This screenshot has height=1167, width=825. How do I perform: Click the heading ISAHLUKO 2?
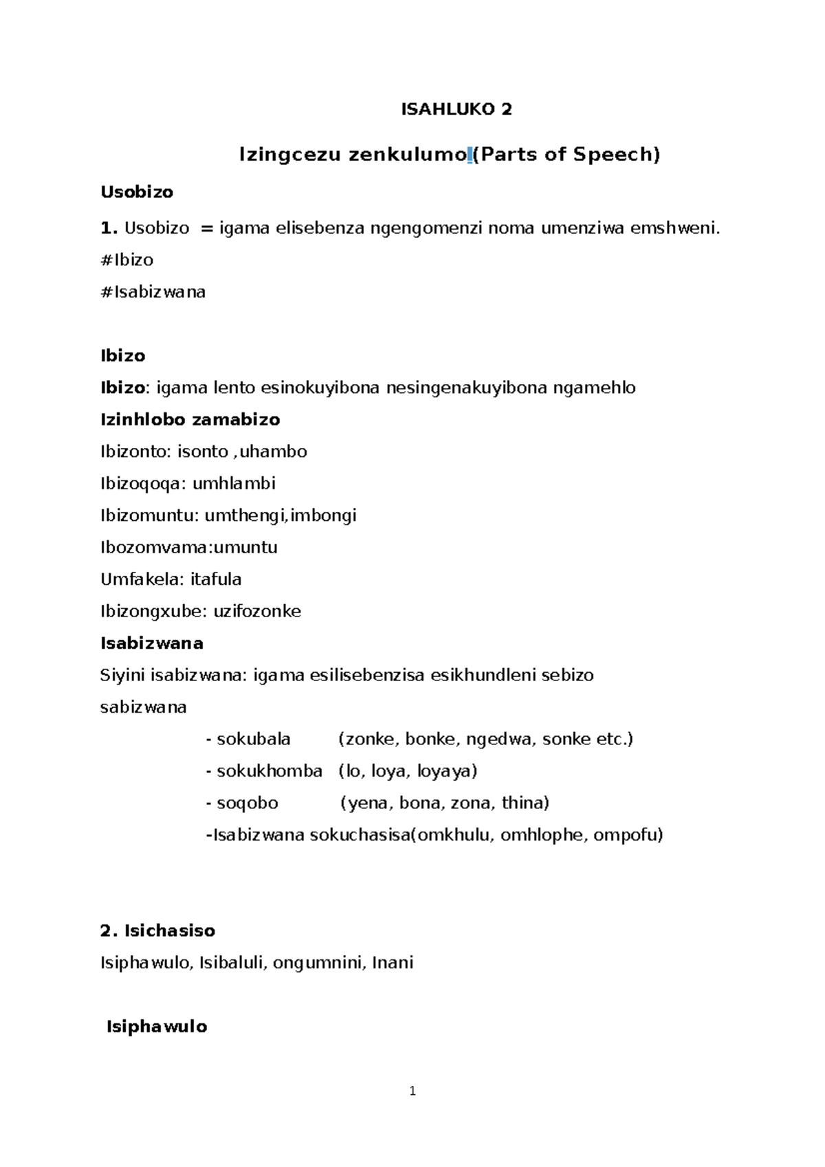click(456, 109)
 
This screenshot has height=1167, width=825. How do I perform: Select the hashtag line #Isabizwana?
click(153, 292)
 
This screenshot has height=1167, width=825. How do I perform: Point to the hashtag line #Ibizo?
click(127, 260)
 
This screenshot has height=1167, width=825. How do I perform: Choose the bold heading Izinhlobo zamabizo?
click(190, 419)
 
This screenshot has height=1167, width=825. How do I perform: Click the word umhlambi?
click(234, 483)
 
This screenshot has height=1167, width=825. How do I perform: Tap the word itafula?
click(215, 579)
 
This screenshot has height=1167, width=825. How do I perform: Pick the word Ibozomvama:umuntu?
click(189, 547)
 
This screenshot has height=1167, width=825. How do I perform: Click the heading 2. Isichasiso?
click(157, 931)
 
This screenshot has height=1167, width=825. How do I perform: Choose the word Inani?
click(393, 962)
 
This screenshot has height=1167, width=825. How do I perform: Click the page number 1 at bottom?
click(412, 1091)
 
